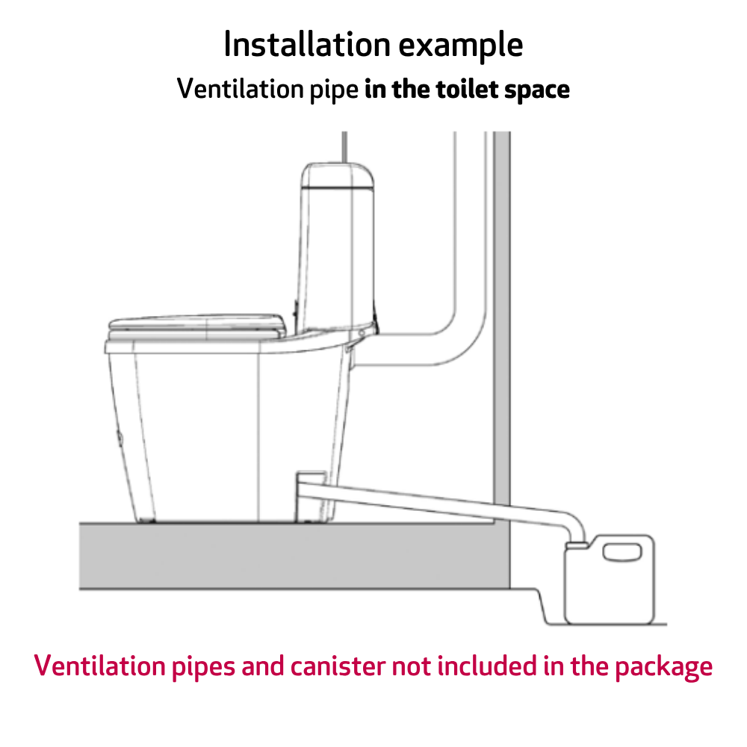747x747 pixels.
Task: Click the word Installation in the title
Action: coord(307,44)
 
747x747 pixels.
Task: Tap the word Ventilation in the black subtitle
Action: coord(241,89)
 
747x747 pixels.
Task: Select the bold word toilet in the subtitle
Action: coord(467,89)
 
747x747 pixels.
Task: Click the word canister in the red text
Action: coord(338,666)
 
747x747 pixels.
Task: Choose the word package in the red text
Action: coord(663,668)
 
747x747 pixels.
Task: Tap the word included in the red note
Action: coord(487,666)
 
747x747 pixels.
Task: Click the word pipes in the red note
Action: coord(203,668)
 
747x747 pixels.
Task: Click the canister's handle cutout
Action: coord(622,553)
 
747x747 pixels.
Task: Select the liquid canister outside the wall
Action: coord(610,580)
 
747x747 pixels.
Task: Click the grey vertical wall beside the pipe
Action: coord(502,318)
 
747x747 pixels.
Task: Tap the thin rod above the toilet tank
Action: coord(344,146)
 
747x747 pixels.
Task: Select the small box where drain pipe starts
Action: coord(311,478)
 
